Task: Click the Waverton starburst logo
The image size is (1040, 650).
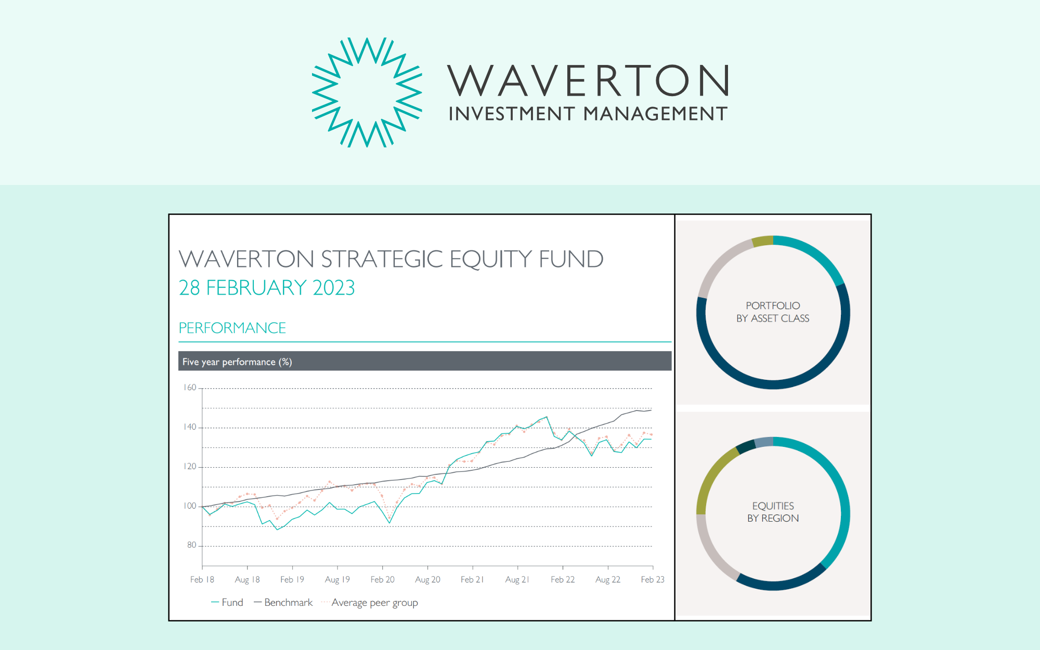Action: coord(367,92)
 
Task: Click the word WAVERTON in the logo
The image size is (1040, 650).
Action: coord(588,81)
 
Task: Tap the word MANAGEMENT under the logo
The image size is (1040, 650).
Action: coord(655,114)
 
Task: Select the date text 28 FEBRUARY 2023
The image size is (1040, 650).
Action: coord(267,287)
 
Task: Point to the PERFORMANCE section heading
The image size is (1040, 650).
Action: coord(232,328)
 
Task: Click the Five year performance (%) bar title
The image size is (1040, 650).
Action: coord(237,362)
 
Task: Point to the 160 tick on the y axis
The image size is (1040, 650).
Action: coord(190,388)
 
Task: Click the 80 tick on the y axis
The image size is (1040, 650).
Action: coord(192,545)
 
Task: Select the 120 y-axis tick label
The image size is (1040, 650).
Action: coord(190,467)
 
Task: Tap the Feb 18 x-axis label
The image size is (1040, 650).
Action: coord(202,579)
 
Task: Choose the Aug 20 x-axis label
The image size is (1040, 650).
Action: coord(427,579)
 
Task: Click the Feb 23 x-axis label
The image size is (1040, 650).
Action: coord(653,579)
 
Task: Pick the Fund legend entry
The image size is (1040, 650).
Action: coord(227,602)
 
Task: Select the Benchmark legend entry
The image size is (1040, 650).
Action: coord(283,602)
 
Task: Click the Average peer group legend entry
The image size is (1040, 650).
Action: coord(370,603)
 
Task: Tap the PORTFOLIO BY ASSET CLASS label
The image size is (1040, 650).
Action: coord(773,312)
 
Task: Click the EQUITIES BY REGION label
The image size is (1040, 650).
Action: coord(773,512)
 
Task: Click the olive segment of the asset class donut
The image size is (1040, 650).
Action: coord(763,241)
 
